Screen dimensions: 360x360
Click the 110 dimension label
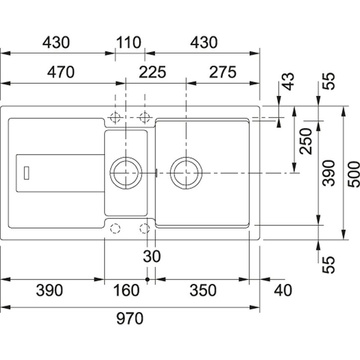coord(129,43)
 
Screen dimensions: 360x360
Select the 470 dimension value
coord(60,72)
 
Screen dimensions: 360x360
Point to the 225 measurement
coord(152,72)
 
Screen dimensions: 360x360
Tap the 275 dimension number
coord(223,72)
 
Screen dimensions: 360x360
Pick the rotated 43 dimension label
coord(288,81)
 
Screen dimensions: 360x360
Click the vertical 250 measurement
coord(306,141)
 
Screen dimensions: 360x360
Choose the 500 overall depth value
coord(354,174)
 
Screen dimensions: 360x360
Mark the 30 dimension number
coord(152,256)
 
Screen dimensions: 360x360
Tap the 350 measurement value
coord(203,290)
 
